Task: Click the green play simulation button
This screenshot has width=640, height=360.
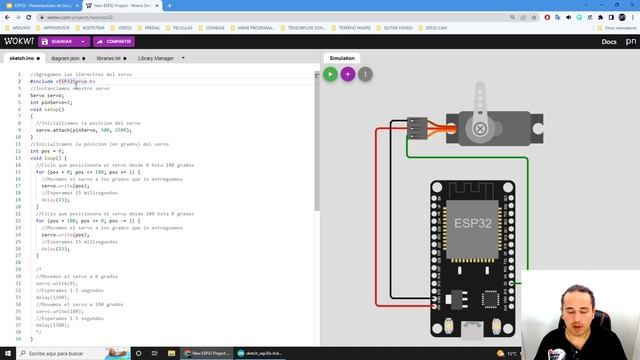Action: pos(330,73)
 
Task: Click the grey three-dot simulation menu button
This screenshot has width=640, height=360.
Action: pos(365,73)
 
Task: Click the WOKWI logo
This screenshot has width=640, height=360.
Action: pos(19,41)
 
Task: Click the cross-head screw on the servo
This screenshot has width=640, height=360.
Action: pos(481,129)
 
